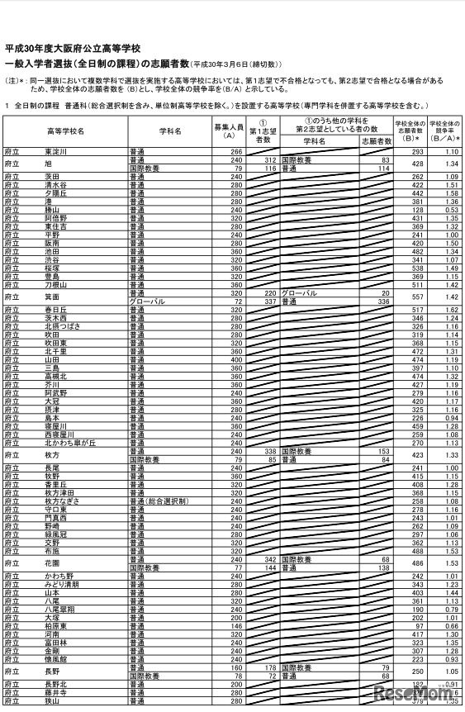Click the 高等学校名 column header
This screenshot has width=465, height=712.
(x=65, y=131)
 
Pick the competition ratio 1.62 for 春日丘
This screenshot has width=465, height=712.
(x=449, y=310)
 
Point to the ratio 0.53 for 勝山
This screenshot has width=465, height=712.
(x=449, y=210)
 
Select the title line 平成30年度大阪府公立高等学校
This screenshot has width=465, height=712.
(x=73, y=50)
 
